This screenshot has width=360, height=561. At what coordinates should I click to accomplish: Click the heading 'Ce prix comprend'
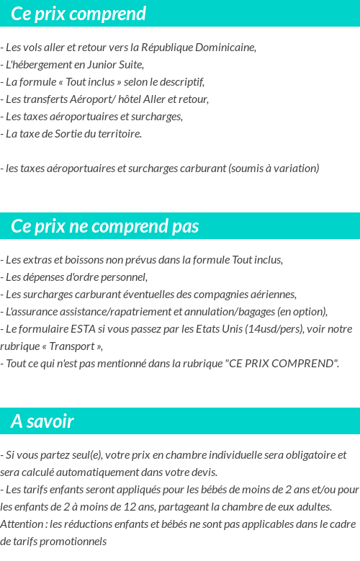(78, 14)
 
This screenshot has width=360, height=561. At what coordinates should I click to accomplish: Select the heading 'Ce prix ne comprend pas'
(104, 226)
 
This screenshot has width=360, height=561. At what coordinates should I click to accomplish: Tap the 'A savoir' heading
(42, 421)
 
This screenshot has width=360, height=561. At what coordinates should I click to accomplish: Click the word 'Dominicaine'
(224, 48)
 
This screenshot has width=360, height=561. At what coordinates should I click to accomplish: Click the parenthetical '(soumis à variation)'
(274, 169)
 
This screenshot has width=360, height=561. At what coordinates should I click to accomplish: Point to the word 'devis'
(204, 472)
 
